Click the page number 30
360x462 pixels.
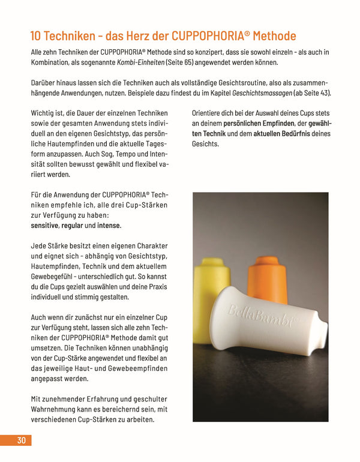[21, 440]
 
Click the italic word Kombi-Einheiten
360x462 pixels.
[143, 63]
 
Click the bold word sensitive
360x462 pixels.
[44, 226]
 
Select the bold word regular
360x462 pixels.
[72, 226]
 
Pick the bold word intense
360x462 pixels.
[109, 226]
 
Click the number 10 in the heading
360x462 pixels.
[38, 36]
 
